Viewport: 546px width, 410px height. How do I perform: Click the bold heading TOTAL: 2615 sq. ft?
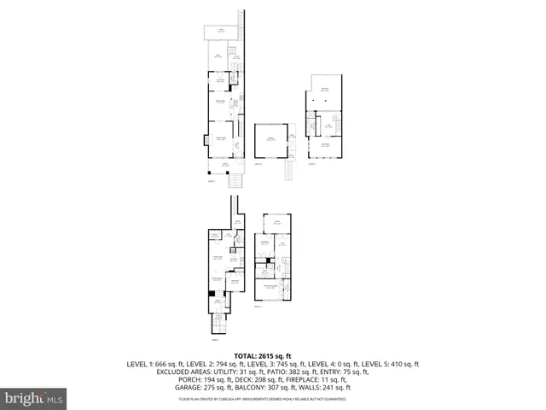pyautogui.click(x=263, y=355)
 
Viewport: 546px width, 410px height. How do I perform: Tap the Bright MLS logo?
pyautogui.click(x=34, y=398)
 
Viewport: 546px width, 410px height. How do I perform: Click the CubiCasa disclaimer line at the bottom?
pyautogui.click(x=263, y=399)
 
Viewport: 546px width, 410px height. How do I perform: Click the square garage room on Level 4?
pyautogui.click(x=269, y=141)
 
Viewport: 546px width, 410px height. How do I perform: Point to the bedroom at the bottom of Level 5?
pyautogui.click(x=324, y=146)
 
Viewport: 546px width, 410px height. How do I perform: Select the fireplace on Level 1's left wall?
pyautogui.click(x=208, y=138)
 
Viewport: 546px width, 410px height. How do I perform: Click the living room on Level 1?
pyautogui.click(x=220, y=138)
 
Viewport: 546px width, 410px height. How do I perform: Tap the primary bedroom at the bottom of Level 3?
pyautogui.click(x=272, y=287)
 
